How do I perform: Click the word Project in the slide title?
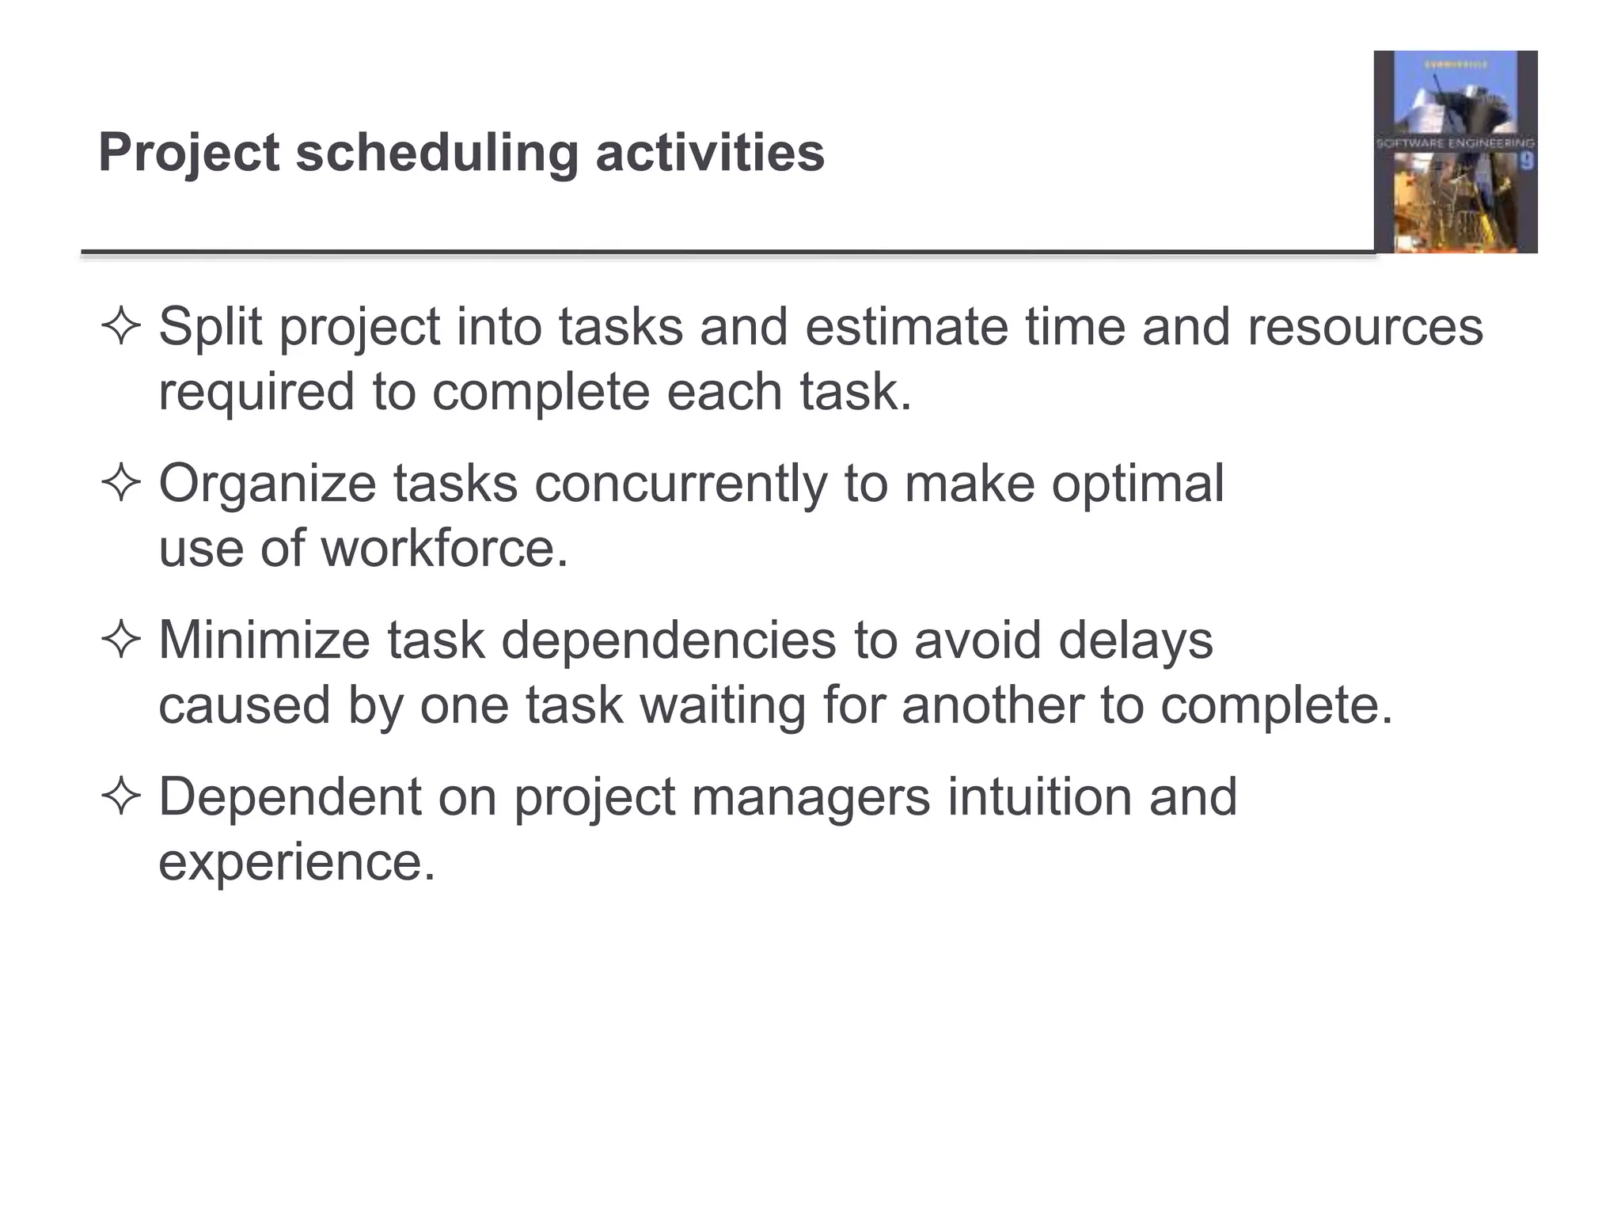click(x=188, y=152)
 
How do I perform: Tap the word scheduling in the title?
click(x=437, y=152)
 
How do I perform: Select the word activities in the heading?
click(x=709, y=152)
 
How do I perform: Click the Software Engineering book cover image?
click(x=1455, y=152)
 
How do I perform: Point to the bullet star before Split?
click(x=120, y=327)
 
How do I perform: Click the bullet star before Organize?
click(x=120, y=484)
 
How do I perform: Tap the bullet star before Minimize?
click(x=120, y=640)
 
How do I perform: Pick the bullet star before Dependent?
click(x=120, y=797)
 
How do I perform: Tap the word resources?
click(x=1365, y=327)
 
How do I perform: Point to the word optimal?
click(x=1137, y=484)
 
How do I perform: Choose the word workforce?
click(x=443, y=549)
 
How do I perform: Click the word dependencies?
click(x=668, y=640)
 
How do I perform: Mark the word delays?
click(x=1135, y=640)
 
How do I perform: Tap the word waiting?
click(x=722, y=705)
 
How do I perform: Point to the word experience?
click(x=297, y=862)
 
